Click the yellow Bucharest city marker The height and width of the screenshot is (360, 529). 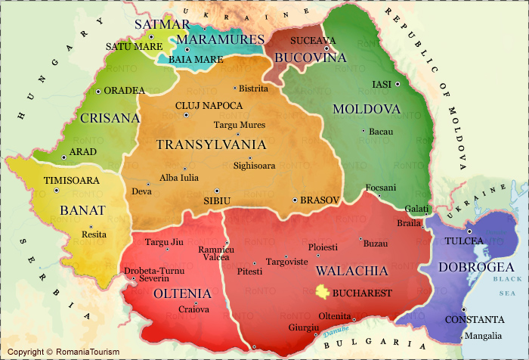pyautogui.click(x=323, y=291)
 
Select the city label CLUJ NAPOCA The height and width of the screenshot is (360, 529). pyautogui.click(x=209, y=105)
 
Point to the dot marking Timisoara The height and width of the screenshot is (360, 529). pyautogui.click(x=57, y=191)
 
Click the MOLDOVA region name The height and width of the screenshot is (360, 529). pyautogui.click(x=367, y=109)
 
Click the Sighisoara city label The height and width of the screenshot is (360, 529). pyautogui.click(x=255, y=165)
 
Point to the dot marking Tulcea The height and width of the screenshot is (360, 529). pyautogui.click(x=469, y=231)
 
